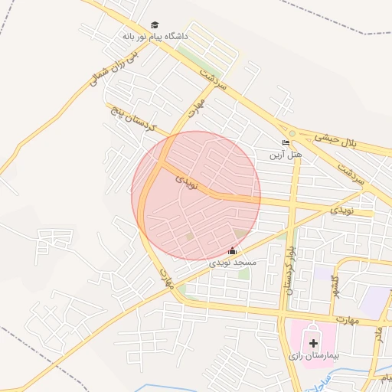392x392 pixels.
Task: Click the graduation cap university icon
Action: (x=155, y=25)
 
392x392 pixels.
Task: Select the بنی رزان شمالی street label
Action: (x=104, y=69)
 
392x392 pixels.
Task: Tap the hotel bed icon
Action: (x=286, y=143)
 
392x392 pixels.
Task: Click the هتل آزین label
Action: (x=286, y=155)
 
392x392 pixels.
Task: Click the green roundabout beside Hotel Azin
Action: (x=292, y=132)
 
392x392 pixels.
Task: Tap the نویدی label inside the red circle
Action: (x=186, y=181)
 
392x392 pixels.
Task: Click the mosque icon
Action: (x=233, y=251)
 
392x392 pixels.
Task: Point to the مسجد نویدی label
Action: (x=233, y=263)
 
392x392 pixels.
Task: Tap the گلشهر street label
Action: (x=334, y=286)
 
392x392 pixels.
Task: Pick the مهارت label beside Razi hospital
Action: (x=346, y=318)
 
